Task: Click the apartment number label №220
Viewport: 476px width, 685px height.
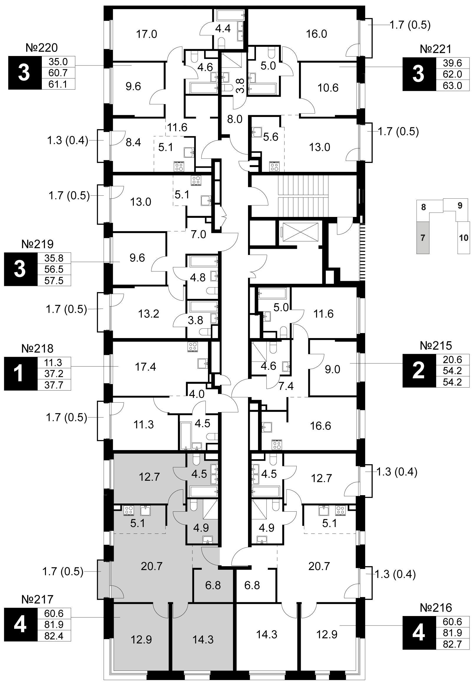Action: click(x=42, y=48)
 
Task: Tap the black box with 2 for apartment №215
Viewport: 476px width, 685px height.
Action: click(x=419, y=371)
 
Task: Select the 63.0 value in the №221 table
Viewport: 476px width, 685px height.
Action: click(x=452, y=85)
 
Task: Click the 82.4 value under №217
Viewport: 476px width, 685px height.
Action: click(x=54, y=636)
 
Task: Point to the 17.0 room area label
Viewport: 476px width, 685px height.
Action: click(x=146, y=34)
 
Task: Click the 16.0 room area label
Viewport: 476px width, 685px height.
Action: click(x=317, y=34)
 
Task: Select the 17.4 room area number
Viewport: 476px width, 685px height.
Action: click(x=145, y=367)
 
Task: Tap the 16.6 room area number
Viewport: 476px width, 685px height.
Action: click(x=320, y=425)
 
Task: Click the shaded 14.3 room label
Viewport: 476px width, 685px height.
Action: click(x=203, y=639)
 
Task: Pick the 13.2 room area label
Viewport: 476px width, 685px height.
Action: click(x=149, y=314)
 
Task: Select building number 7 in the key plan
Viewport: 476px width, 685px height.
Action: click(x=422, y=238)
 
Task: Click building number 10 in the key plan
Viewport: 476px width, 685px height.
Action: click(x=464, y=238)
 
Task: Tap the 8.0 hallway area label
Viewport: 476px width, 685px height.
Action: click(x=234, y=119)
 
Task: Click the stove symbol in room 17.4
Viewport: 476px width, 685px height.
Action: click(x=193, y=347)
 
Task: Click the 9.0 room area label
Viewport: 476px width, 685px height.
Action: click(x=332, y=370)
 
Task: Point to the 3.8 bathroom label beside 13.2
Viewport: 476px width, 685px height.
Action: click(x=196, y=321)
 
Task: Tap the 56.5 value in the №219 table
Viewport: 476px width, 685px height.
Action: click(x=54, y=269)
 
